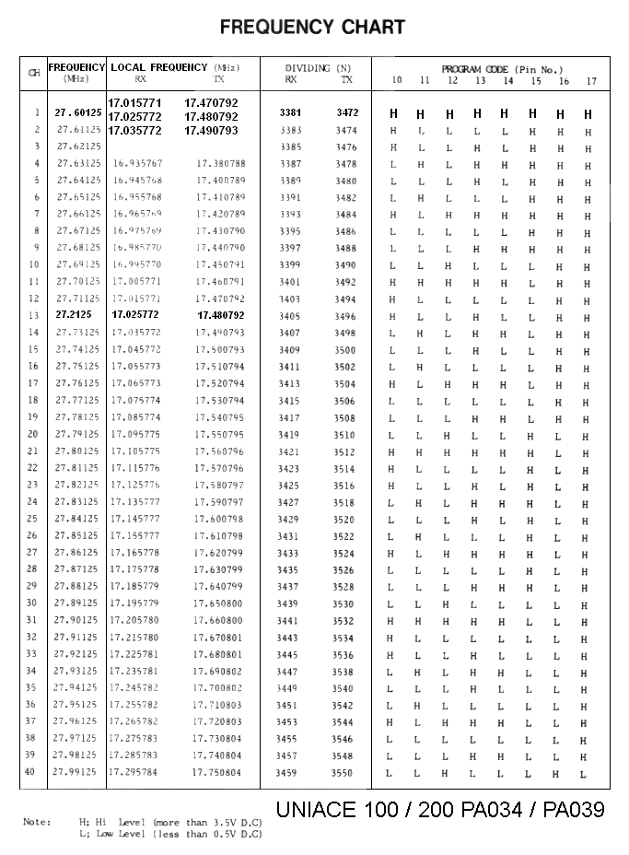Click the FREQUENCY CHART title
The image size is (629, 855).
(312, 28)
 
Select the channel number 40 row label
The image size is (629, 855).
(31, 772)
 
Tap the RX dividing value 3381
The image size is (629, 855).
(290, 113)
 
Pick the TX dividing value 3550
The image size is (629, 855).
(343, 773)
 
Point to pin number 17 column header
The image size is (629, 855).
(591, 81)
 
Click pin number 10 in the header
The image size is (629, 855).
(396, 81)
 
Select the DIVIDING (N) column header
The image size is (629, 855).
(318, 68)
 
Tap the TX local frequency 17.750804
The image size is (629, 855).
(217, 773)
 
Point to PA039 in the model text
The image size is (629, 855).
(573, 810)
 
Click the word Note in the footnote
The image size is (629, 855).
(37, 822)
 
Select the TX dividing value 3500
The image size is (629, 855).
(344, 350)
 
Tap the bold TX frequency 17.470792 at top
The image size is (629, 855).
(211, 103)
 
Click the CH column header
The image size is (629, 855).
(34, 73)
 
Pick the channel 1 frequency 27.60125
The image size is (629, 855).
(78, 113)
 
